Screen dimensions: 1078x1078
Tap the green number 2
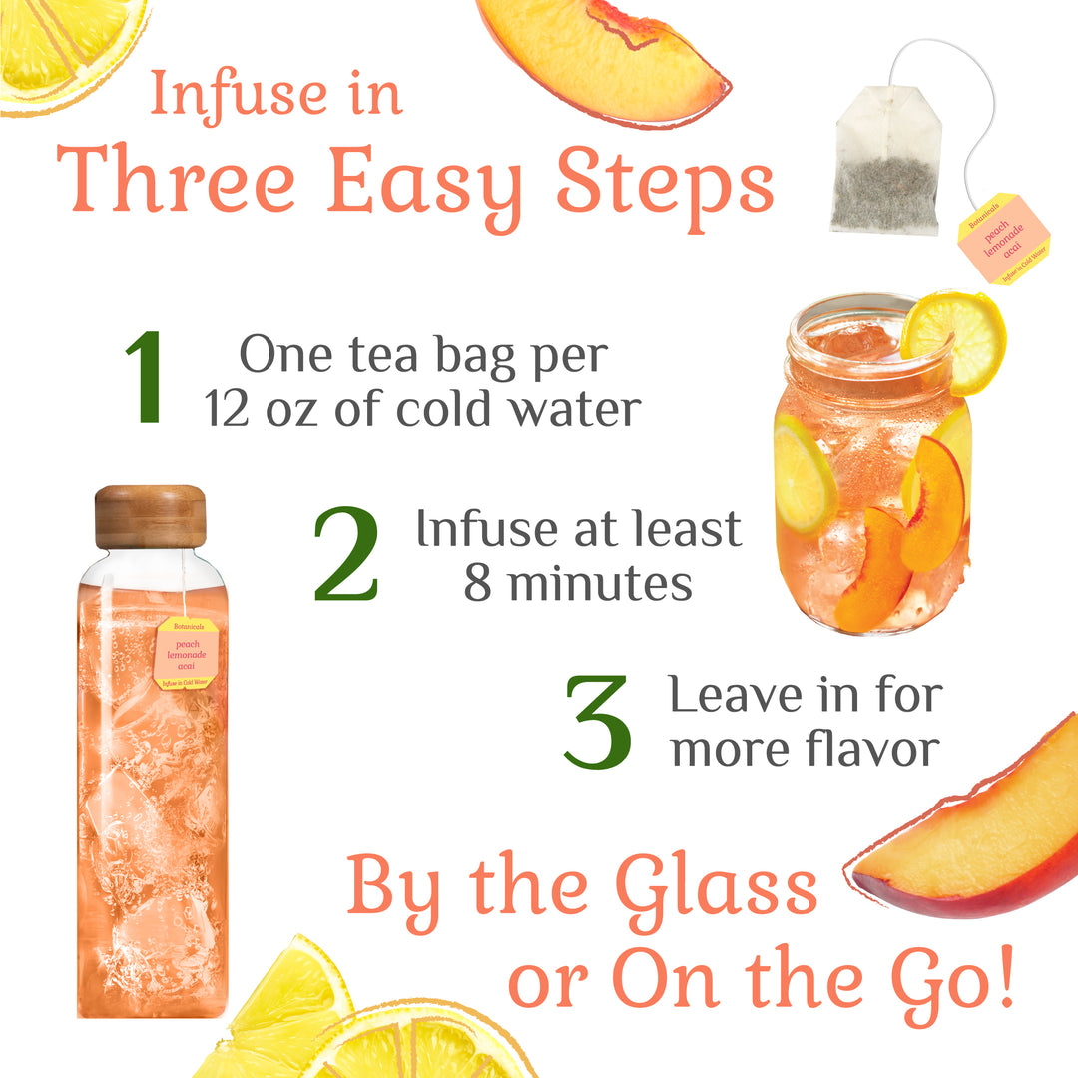[x=346, y=555]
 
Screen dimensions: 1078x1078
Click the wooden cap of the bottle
[x=150, y=516]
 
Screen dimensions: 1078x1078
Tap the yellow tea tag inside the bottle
[x=187, y=654]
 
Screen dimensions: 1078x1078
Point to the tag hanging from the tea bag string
[x=1003, y=239]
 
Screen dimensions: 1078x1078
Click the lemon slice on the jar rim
[x=953, y=340]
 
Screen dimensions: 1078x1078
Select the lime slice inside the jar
[x=805, y=474]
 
